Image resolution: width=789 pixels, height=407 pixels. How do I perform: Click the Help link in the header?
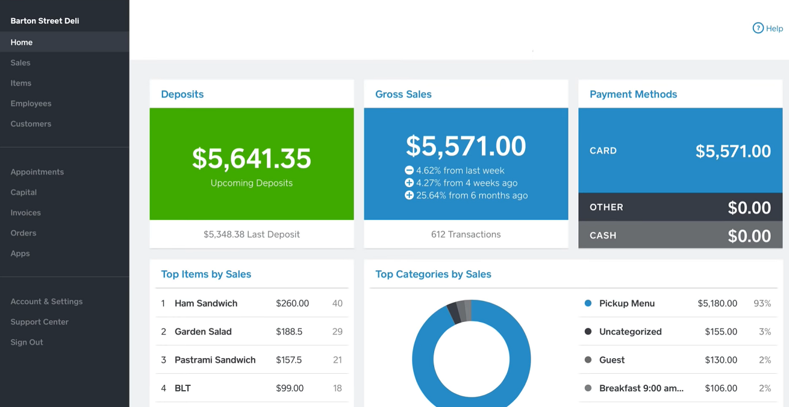(x=768, y=28)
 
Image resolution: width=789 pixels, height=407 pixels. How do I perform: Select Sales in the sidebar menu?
(x=20, y=63)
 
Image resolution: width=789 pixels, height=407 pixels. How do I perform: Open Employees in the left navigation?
(x=31, y=104)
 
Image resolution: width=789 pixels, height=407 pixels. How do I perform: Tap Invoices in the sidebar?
(x=25, y=213)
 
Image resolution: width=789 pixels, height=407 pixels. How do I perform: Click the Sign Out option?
(x=27, y=342)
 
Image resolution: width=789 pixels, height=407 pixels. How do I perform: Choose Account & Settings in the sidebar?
(x=46, y=301)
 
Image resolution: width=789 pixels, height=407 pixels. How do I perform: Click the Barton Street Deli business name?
(x=45, y=21)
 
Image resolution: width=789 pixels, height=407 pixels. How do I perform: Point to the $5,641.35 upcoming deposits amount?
(x=251, y=158)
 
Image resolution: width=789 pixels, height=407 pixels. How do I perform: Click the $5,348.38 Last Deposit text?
(x=251, y=235)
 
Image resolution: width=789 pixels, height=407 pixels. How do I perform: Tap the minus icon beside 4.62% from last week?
(x=409, y=171)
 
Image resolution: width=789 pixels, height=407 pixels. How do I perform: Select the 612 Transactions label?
(x=466, y=235)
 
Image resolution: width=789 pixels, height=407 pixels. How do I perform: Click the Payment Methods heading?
(x=633, y=94)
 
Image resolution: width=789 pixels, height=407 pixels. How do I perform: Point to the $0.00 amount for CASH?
(x=749, y=236)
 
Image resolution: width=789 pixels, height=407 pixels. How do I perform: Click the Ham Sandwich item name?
(x=206, y=303)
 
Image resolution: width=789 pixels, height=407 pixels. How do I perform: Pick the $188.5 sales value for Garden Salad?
(x=289, y=332)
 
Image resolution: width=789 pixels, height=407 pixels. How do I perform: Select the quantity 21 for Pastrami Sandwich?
(x=337, y=360)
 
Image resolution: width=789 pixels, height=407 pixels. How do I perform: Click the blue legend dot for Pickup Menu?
(x=588, y=303)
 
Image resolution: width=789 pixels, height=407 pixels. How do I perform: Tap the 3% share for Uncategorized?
(x=765, y=332)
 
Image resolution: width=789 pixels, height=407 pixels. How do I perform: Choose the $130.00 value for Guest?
(x=721, y=360)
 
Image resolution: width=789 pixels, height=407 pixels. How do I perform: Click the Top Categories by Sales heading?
(x=433, y=274)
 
